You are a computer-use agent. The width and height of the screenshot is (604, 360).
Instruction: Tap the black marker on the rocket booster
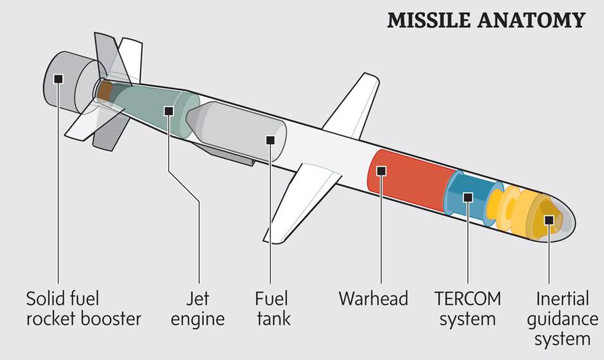59,79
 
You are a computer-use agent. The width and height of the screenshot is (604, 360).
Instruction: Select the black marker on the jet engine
169,110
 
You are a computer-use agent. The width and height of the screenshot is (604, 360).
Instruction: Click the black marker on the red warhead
381,171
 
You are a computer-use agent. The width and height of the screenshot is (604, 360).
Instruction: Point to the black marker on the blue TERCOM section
468,197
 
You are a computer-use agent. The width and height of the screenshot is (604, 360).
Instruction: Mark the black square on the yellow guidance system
549,220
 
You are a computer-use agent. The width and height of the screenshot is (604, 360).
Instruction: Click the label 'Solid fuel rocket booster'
83,309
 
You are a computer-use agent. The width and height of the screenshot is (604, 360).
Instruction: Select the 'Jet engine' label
198,309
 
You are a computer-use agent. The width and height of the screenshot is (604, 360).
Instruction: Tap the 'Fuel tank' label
272,309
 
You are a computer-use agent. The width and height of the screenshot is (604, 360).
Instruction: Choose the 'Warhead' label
373,299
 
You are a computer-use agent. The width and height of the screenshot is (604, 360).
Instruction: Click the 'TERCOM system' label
468,309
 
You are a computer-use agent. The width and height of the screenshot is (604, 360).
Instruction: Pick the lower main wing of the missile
302,201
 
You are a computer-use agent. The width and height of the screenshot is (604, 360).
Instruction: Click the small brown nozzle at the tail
104,91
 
